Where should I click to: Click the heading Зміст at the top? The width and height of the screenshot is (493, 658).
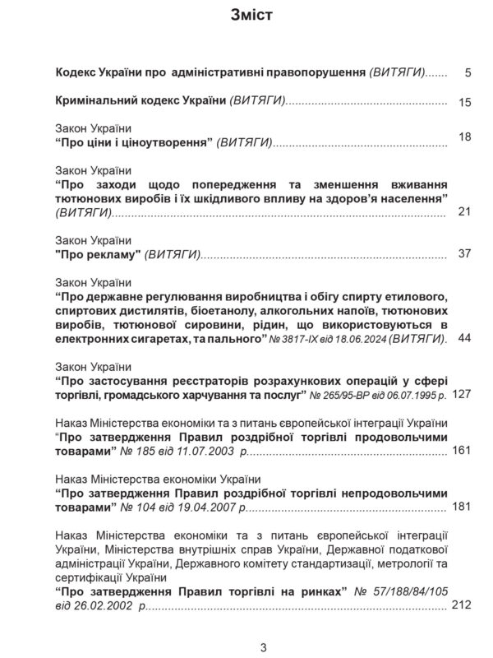tap(246, 16)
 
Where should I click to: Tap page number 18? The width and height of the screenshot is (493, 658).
tap(464, 137)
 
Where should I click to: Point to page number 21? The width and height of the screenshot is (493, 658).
tap(464, 212)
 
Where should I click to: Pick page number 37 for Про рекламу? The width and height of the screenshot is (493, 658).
tap(464, 253)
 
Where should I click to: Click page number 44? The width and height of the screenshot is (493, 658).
tap(464, 338)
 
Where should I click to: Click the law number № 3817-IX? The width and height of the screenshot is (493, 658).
tap(301, 338)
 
